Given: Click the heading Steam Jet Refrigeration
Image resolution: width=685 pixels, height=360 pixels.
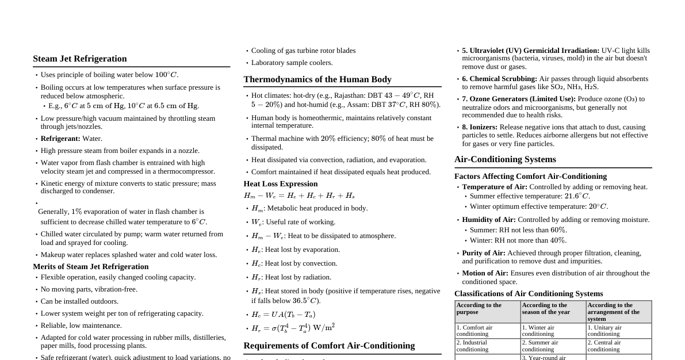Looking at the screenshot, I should click(79, 59).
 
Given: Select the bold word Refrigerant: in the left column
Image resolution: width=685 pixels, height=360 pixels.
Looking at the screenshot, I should click(60, 139).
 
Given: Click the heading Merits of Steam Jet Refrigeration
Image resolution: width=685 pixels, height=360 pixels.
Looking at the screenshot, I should click(90, 267).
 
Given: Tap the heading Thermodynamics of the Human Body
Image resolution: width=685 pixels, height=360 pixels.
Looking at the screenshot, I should click(317, 79).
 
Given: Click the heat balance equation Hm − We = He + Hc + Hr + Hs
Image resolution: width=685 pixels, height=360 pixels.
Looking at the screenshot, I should click(299, 196).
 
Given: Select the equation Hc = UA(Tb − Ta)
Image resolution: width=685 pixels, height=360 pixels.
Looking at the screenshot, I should click(283, 315).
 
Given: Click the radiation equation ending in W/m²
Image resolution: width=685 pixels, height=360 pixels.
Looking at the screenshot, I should click(293, 328).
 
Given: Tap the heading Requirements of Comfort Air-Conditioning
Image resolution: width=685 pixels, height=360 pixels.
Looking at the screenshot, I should click(328, 346).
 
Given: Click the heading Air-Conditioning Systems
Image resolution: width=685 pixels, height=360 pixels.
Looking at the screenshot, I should click(504, 159).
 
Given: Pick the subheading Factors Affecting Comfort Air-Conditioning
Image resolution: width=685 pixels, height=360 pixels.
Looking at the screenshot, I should click(530, 177).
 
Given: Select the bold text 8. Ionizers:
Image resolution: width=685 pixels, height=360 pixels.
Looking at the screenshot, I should click(480, 127).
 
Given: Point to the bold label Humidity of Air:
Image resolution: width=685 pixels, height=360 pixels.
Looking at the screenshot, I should click(488, 220).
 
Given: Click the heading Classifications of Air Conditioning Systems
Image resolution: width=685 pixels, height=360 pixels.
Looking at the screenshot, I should click(528, 294).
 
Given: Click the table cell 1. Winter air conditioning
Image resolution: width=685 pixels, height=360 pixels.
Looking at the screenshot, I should click(538, 331).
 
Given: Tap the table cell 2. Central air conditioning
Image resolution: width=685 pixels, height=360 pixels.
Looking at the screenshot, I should click(604, 346).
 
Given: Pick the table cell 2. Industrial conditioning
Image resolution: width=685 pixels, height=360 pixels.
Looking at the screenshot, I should click(472, 346).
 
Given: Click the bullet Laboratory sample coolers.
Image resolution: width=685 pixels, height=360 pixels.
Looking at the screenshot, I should click(292, 63).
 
